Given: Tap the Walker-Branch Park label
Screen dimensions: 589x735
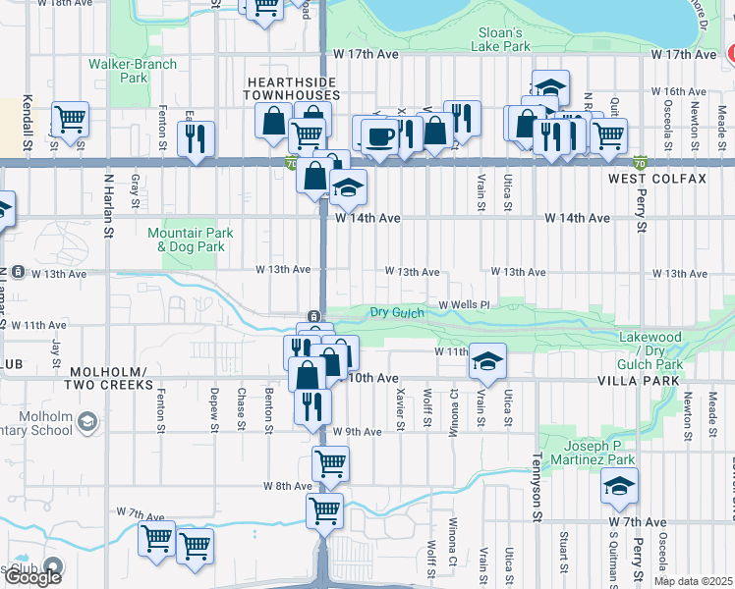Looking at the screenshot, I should [133, 71].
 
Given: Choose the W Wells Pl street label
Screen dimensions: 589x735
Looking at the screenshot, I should [464, 305].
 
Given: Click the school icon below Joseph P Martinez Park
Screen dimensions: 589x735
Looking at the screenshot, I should [619, 486].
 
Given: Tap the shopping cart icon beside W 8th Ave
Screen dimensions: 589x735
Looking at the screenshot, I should [330, 461].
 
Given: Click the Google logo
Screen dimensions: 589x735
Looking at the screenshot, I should [32, 577].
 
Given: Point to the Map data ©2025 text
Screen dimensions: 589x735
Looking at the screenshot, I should [694, 581].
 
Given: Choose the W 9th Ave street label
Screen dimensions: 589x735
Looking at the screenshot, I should [357, 432].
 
